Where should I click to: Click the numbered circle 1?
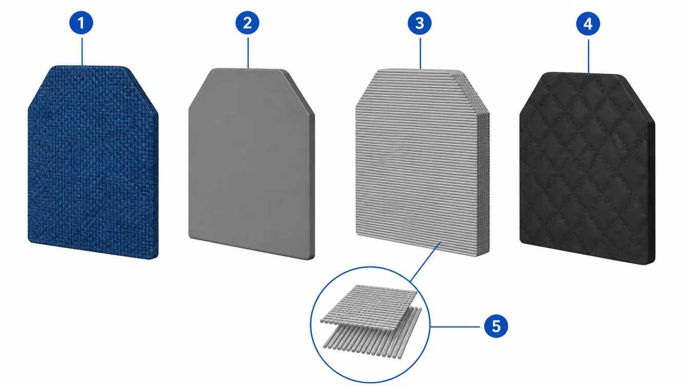point(81,23)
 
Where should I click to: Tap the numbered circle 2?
point(247,23)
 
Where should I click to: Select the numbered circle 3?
point(419,23)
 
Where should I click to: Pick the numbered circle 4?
point(588,24)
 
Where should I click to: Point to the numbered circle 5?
point(496,326)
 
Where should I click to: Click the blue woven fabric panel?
point(93,162)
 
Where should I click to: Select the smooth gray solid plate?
point(251,164)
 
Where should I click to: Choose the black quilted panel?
point(587,168)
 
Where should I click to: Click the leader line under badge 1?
point(82,51)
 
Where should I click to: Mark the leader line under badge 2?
point(248,53)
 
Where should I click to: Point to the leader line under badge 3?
point(420,53)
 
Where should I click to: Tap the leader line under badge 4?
point(589,56)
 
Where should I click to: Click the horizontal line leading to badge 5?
point(455,326)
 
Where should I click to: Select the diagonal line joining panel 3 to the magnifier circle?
point(425,262)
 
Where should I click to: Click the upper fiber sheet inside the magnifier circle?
point(369,303)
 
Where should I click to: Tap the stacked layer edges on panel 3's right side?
point(483,172)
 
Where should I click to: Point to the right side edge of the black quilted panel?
point(652,192)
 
